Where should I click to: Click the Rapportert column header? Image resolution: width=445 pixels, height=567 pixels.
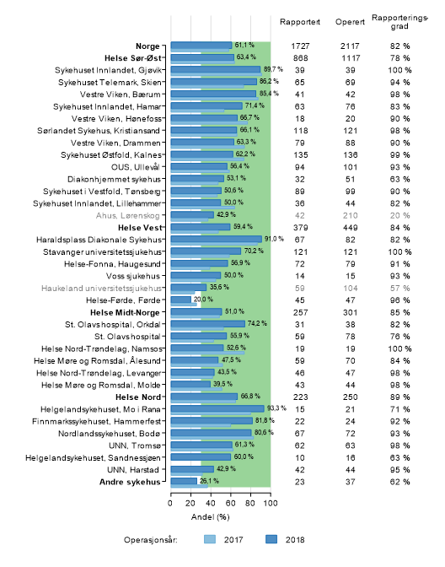point(300,22)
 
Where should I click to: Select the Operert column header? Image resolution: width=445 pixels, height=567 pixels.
point(350,22)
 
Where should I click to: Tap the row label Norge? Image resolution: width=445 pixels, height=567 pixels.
point(147,46)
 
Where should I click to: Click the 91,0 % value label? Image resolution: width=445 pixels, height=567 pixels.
point(274,239)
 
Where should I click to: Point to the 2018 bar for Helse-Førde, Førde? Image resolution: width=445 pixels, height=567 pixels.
point(181,300)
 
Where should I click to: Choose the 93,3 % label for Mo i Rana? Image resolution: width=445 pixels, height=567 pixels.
point(276,408)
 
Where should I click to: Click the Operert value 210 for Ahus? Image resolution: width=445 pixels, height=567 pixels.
point(350,216)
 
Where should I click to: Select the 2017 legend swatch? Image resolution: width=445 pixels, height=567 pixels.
point(210,539)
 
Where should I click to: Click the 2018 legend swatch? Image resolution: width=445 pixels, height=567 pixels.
point(271,539)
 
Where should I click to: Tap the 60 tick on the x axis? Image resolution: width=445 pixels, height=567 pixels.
point(230,504)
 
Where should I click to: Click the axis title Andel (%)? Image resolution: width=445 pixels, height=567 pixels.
point(210,517)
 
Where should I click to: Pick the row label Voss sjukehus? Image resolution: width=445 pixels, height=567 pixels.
point(133,276)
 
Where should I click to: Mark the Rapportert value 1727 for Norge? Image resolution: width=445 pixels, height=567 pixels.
point(300,46)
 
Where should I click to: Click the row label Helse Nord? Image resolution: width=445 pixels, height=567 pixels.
point(138,397)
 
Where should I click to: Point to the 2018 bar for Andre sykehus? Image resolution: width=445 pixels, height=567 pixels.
point(184,481)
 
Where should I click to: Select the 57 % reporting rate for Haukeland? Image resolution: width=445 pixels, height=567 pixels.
point(399,289)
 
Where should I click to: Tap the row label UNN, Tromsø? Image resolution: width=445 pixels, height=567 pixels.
point(134,445)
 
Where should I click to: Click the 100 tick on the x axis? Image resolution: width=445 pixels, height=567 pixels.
point(271,504)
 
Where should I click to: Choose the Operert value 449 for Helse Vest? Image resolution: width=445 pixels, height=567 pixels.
point(350,228)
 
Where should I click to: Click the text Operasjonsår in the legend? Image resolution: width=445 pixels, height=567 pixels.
point(151,540)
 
